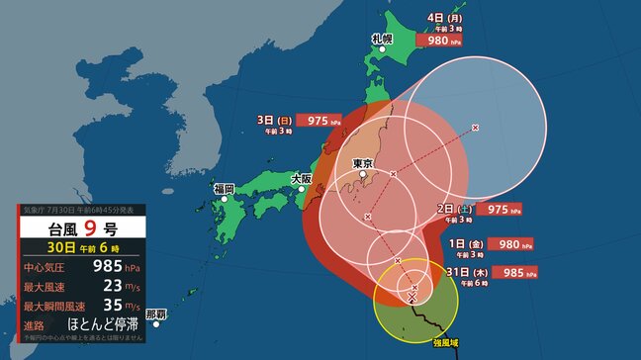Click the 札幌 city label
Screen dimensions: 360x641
point(382,39)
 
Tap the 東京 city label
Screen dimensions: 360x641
point(361,163)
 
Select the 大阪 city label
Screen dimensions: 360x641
point(302,179)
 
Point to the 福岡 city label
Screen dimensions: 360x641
point(223,188)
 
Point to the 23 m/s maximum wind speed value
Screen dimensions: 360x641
point(96,286)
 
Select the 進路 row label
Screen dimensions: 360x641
point(38,325)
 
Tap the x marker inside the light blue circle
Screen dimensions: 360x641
point(476,128)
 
